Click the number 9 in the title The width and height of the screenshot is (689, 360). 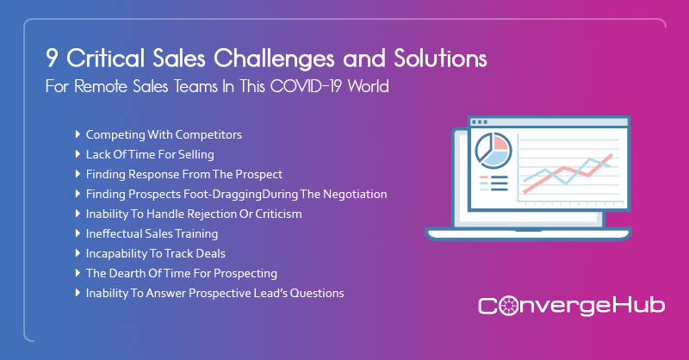point(53,60)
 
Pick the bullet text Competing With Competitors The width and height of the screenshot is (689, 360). point(164,135)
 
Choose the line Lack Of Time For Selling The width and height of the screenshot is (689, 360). point(150,155)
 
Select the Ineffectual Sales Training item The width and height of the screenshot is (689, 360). point(152,233)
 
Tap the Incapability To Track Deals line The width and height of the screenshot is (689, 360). point(156,253)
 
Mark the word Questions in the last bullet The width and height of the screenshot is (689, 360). point(315,293)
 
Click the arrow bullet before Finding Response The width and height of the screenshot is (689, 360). point(78,174)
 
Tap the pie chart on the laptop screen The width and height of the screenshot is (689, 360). point(493,150)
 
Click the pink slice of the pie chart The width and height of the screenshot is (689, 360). point(500,144)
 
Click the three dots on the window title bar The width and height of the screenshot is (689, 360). point(478,121)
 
